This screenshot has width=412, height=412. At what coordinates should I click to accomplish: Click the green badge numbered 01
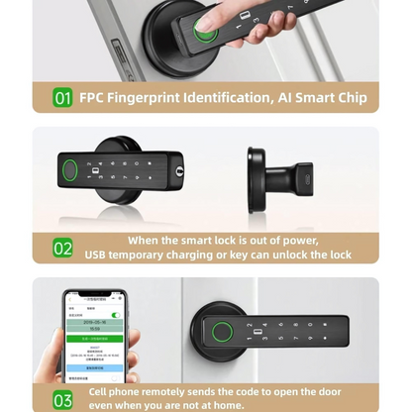pyautogui.click(x=63, y=98)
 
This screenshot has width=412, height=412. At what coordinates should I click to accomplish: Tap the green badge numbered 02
pyautogui.click(x=63, y=249)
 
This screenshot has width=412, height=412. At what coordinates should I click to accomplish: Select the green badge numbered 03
pyautogui.click(x=63, y=399)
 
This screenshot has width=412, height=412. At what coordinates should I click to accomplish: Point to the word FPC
pyautogui.click(x=96, y=98)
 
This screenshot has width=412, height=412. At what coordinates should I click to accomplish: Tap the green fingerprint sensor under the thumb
pyautogui.click(x=205, y=33)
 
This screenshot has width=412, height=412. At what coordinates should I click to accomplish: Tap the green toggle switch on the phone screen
pyautogui.click(x=115, y=315)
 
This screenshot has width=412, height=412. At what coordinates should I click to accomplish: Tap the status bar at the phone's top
pyautogui.click(x=96, y=298)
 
